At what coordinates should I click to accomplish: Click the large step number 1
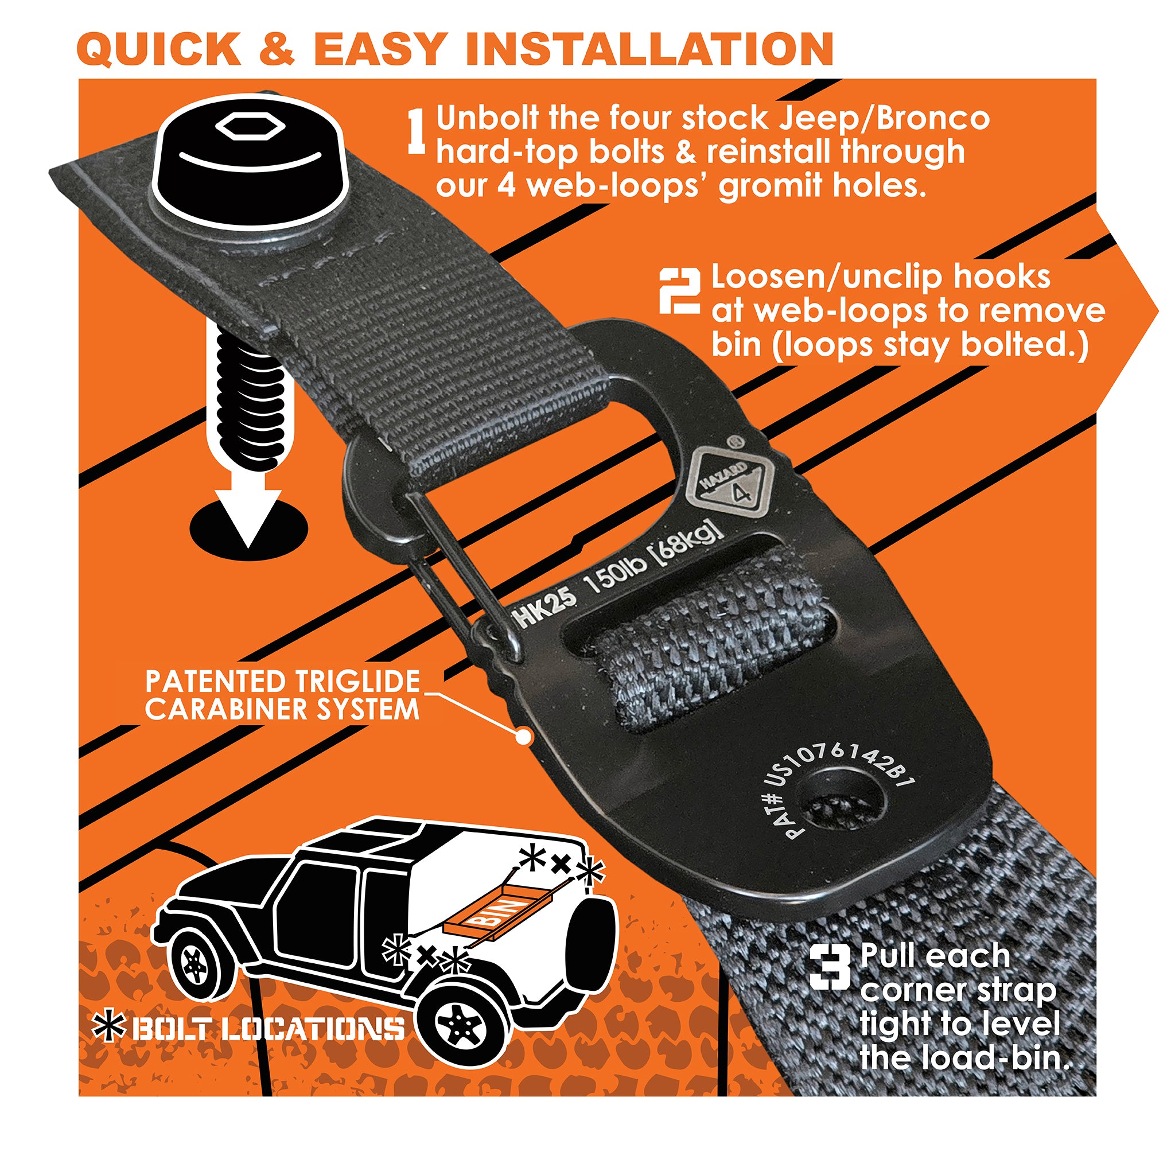coord(417,131)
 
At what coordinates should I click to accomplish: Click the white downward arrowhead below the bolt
coord(250,517)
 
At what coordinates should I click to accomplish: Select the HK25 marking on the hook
coord(545,608)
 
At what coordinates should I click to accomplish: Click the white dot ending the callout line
coord(524,737)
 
